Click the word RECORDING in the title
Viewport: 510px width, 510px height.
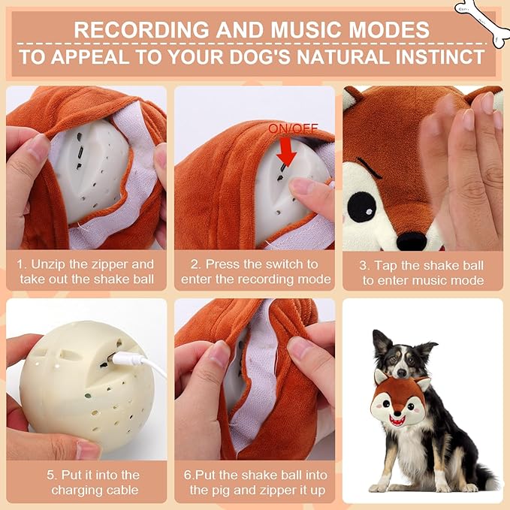coord(142,30)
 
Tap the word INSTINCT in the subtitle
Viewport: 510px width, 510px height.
coord(440,57)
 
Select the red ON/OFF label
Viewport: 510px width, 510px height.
coord(293,129)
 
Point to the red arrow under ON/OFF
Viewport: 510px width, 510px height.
coord(286,151)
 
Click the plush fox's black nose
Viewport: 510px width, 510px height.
coord(412,241)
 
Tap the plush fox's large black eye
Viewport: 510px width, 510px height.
coord(361,207)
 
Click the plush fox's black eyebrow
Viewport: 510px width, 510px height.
coord(370,167)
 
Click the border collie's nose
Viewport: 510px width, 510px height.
coord(402,373)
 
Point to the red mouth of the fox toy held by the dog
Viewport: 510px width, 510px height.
coord(397,421)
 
